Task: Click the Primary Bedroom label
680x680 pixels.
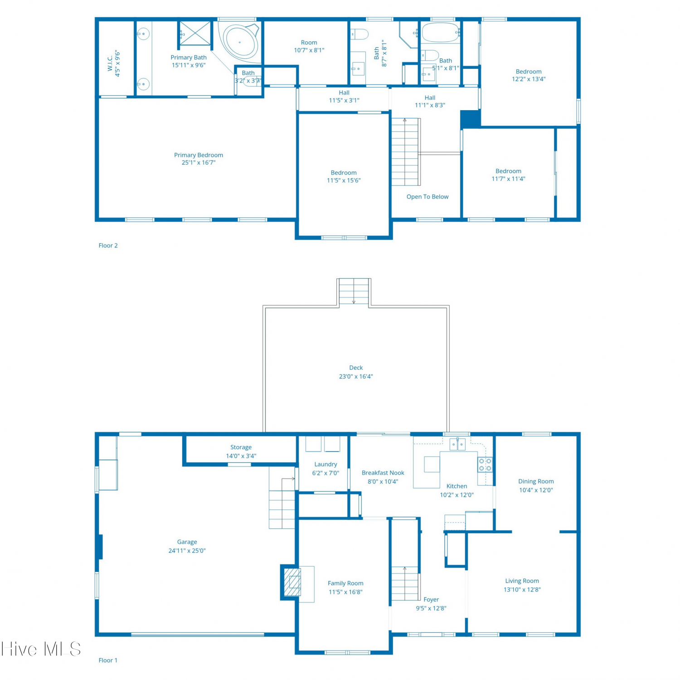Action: click(x=199, y=155)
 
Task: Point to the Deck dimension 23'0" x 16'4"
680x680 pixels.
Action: click(x=356, y=376)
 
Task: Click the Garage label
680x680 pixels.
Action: click(x=187, y=542)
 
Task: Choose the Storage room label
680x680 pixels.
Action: click(x=241, y=447)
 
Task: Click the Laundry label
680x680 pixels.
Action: click(x=325, y=464)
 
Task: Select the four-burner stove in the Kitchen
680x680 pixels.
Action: click(x=485, y=465)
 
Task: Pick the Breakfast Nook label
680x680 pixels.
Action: click(x=383, y=473)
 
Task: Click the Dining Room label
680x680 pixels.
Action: click(x=536, y=481)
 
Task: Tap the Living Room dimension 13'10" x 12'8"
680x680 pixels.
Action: click(x=522, y=589)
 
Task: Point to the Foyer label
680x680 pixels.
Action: click(x=431, y=599)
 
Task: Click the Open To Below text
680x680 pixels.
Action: click(x=427, y=197)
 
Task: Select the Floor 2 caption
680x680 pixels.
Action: click(x=108, y=245)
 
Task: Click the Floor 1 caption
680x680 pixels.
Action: click(x=108, y=660)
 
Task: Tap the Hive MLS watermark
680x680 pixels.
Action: click(x=41, y=649)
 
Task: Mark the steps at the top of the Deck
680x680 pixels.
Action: click(x=354, y=291)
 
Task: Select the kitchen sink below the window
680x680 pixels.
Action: click(x=457, y=444)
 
